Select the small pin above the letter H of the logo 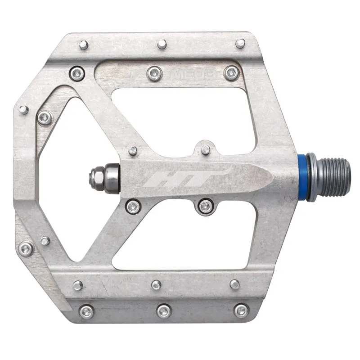click(x=133, y=151)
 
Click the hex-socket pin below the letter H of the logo click(x=132, y=206)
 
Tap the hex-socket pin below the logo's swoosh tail click(x=206, y=206)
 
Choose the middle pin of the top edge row click(x=162, y=44)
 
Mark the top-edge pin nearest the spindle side click(x=241, y=43)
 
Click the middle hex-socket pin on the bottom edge click(x=163, y=310)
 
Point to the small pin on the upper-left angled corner click(x=24, y=109)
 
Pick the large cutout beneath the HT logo click(x=193, y=238)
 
